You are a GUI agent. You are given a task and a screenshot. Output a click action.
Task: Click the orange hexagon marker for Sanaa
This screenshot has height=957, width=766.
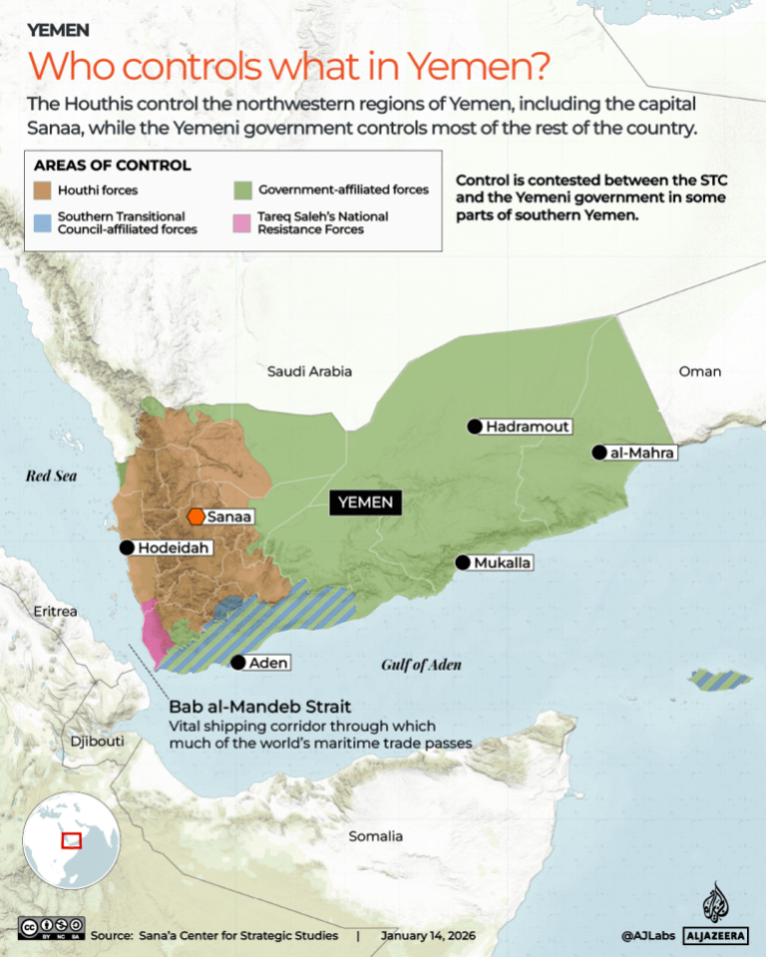[195, 516]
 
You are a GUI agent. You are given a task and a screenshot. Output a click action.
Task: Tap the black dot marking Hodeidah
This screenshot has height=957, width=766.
[127, 547]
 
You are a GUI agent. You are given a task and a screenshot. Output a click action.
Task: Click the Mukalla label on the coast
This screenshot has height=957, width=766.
[503, 563]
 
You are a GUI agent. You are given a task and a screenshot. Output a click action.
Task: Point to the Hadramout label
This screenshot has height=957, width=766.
[528, 427]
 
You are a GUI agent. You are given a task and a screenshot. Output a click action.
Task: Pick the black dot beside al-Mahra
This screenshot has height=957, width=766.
[598, 453]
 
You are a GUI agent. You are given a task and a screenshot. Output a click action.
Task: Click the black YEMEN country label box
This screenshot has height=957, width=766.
[366, 502]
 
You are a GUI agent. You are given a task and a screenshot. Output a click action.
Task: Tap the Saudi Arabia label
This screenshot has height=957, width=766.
[309, 371]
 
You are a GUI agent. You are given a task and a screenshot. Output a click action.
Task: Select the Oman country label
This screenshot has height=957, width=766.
[699, 371]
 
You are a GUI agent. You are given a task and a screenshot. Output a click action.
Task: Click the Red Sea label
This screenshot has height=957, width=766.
[51, 477]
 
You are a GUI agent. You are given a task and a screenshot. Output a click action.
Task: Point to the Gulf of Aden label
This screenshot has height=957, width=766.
[422, 665]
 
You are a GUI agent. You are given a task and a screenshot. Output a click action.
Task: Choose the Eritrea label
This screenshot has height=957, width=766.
[55, 611]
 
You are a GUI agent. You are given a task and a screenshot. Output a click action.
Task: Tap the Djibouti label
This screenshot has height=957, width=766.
[97, 742]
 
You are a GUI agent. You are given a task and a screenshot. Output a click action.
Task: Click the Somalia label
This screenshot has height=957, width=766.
[376, 836]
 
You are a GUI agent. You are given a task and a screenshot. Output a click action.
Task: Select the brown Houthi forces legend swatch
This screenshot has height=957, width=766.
[44, 189]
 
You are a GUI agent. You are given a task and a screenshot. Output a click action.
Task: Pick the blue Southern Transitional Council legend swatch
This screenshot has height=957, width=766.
[44, 221]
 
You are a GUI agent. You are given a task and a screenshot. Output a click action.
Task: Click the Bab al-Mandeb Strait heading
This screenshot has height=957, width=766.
[259, 708]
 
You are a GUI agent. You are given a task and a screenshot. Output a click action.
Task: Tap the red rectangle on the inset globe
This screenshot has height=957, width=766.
[72, 840]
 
